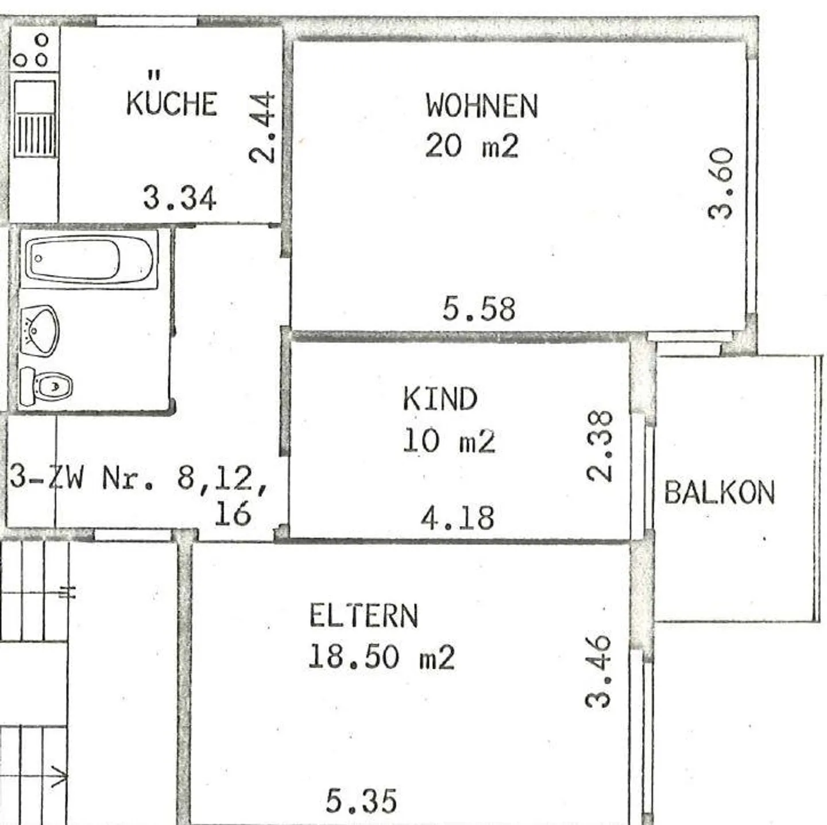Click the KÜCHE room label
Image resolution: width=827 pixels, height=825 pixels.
click(171, 102)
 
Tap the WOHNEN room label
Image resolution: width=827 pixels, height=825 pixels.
click(481, 106)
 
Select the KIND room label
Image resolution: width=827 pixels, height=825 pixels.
click(440, 399)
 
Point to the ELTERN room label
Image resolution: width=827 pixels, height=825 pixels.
click(364, 616)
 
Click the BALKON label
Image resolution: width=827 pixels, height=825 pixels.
click(719, 493)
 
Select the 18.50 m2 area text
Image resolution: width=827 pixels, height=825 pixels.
click(381, 656)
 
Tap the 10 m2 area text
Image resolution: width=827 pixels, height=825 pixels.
click(449, 441)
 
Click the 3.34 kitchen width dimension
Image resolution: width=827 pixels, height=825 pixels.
click(179, 198)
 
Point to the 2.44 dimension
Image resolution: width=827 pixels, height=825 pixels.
click(262, 128)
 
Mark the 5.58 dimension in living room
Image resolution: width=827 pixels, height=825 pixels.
click(478, 309)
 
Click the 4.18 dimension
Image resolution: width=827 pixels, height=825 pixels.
click(457, 518)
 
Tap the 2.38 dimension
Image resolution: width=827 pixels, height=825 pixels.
click(600, 446)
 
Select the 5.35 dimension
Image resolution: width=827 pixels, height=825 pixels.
click(361, 801)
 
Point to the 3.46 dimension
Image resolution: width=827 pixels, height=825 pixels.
click(599, 671)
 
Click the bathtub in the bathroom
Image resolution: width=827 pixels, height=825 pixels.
click(90, 260)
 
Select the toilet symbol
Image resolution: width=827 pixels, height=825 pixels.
click(46, 386)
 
